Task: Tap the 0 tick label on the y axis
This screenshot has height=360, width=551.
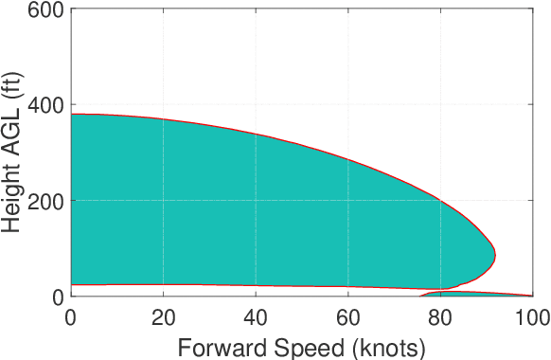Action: [x=58, y=297]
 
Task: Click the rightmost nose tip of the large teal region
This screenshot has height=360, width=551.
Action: [x=495, y=255]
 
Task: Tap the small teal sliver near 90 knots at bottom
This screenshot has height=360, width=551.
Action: [x=473, y=293]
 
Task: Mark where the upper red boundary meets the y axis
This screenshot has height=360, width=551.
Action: [x=71, y=114]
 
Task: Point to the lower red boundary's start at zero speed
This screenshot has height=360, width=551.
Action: [x=71, y=284]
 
